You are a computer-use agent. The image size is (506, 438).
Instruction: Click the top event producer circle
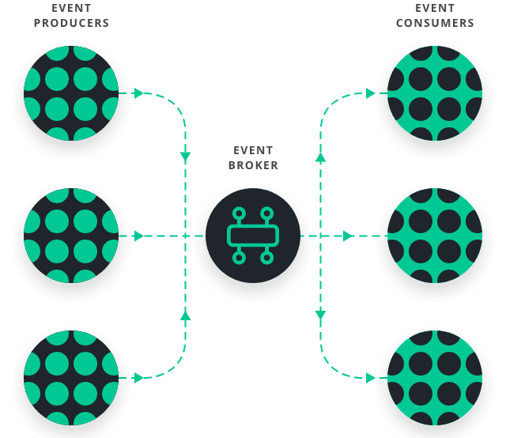pyautogui.click(x=70, y=93)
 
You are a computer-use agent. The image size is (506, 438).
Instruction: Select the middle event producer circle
pyautogui.click(x=70, y=236)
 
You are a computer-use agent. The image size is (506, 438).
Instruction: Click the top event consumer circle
pyautogui.click(x=435, y=93)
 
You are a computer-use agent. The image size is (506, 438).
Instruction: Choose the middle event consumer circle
pyautogui.click(x=435, y=236)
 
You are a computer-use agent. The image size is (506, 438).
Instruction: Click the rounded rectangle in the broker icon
pyautogui.click(x=253, y=236)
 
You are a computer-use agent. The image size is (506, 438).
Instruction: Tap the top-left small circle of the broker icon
pyautogui.click(x=239, y=213)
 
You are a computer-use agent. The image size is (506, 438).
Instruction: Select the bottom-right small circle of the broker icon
pyautogui.click(x=267, y=258)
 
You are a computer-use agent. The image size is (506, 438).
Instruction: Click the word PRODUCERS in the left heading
pyautogui.click(x=70, y=24)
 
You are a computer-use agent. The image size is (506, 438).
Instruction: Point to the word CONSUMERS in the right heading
pyautogui.click(x=435, y=24)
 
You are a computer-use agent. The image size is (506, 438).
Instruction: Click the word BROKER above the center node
pyautogui.click(x=253, y=166)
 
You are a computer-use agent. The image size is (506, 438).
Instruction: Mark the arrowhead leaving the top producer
pyautogui.click(x=139, y=93)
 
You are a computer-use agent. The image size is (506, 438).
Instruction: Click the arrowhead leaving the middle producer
pyautogui.click(x=139, y=236)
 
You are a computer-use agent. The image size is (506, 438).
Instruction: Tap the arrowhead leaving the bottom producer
pyautogui.click(x=139, y=378)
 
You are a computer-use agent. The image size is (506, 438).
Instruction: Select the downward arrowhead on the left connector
pyautogui.click(x=186, y=156)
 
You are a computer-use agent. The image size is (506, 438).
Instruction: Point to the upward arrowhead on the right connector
pyautogui.click(x=320, y=158)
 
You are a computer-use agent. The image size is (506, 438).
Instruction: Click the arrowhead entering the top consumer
pyautogui.click(x=370, y=93)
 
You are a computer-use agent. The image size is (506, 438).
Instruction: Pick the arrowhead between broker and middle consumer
pyautogui.click(x=348, y=236)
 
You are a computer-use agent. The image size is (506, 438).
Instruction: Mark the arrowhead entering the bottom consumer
pyautogui.click(x=370, y=378)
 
